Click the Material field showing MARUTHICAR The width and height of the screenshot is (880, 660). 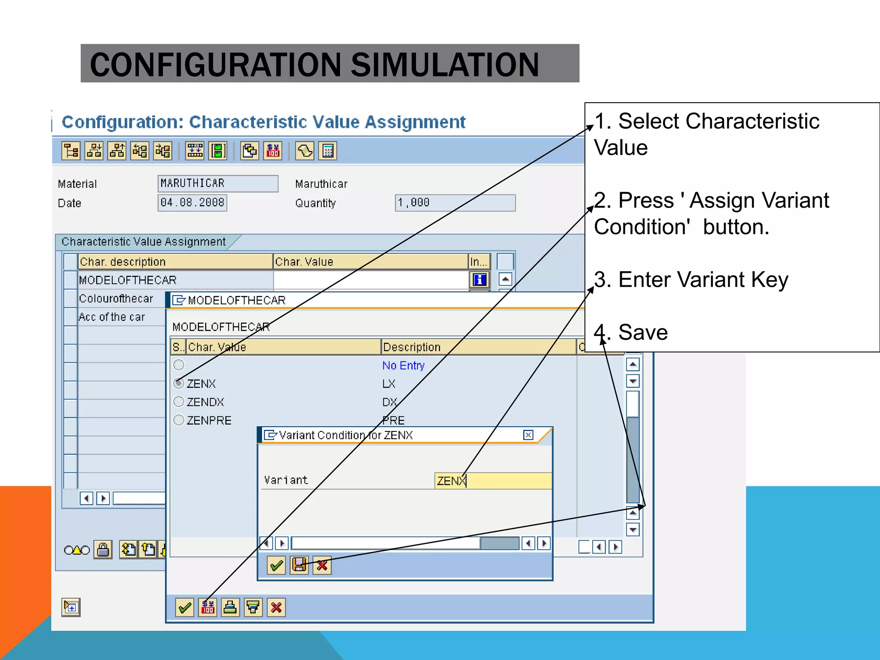point(217,183)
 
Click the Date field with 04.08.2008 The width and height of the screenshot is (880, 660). point(192,202)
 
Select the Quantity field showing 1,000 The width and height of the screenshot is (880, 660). point(455,202)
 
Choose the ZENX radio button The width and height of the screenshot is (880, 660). point(179,383)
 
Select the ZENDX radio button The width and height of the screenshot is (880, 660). point(179,401)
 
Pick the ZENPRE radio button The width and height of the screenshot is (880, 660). point(179,420)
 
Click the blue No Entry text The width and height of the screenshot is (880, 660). point(403,365)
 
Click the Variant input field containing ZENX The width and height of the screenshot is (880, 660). point(492,480)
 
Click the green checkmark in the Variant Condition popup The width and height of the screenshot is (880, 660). point(276,565)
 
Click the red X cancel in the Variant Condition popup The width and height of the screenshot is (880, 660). point(322,565)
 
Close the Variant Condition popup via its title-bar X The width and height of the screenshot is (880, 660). point(528,435)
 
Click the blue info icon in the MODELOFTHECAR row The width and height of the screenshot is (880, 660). point(479,280)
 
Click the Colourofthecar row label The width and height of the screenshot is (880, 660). point(116,298)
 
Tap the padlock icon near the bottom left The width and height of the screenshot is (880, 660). point(103,550)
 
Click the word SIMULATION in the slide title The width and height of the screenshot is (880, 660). point(445,64)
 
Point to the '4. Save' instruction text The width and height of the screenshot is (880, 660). point(631,332)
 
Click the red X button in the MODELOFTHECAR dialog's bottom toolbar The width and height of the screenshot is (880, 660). point(276,608)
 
